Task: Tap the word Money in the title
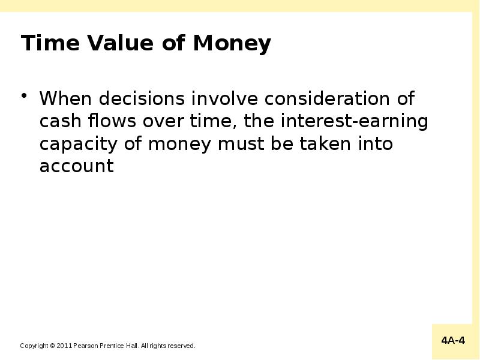point(232,44)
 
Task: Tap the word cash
point(59,121)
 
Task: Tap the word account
point(76,166)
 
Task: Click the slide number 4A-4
point(453,341)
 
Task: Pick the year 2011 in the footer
point(64,346)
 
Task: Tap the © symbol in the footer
point(52,346)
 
